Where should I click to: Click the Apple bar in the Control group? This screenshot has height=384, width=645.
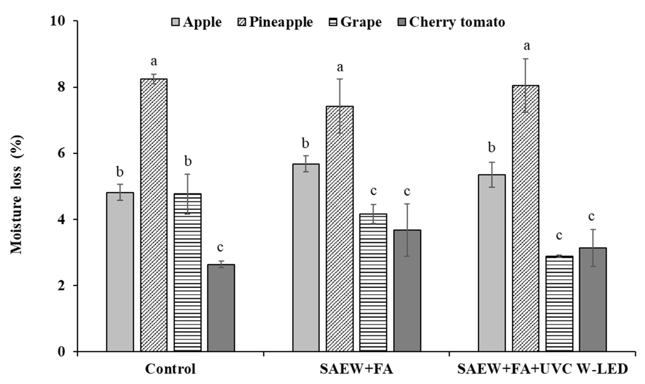pyautogui.click(x=120, y=272)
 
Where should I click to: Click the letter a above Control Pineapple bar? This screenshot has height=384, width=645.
pyautogui.click(x=154, y=62)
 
